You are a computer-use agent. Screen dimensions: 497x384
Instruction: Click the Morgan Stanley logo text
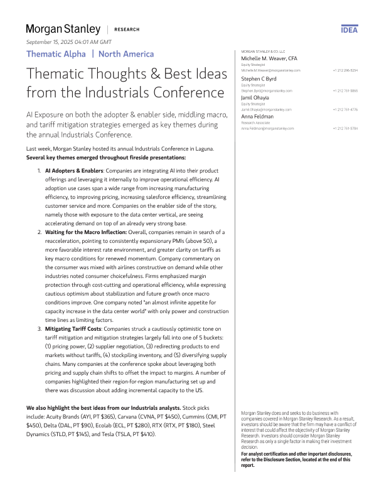pos(63,29)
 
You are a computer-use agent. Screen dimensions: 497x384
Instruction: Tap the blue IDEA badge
pos(349,29)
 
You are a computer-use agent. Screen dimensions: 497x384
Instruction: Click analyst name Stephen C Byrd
pos(259,80)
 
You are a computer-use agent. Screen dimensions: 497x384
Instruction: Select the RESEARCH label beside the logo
pos(128,29)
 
